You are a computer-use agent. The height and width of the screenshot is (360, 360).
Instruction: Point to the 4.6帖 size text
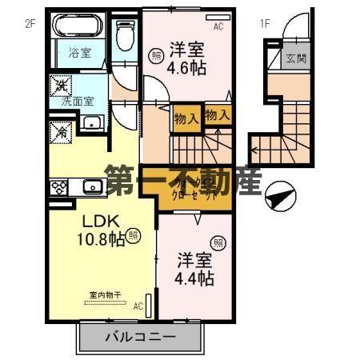[186, 68]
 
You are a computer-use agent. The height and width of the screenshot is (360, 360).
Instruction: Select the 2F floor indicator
[30, 23]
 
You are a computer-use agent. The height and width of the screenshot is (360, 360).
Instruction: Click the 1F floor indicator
[264, 23]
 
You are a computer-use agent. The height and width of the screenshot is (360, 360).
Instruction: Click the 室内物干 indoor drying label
[100, 294]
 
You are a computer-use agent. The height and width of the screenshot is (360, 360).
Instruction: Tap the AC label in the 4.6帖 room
[218, 25]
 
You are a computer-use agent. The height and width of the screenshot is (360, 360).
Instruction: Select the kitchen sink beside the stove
[91, 188]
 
